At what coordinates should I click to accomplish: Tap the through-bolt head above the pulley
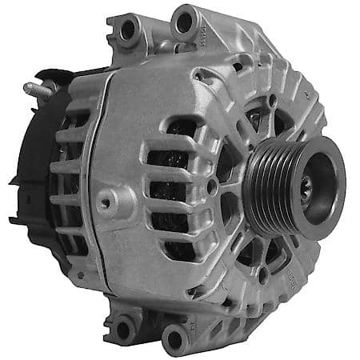pos(272,100)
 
